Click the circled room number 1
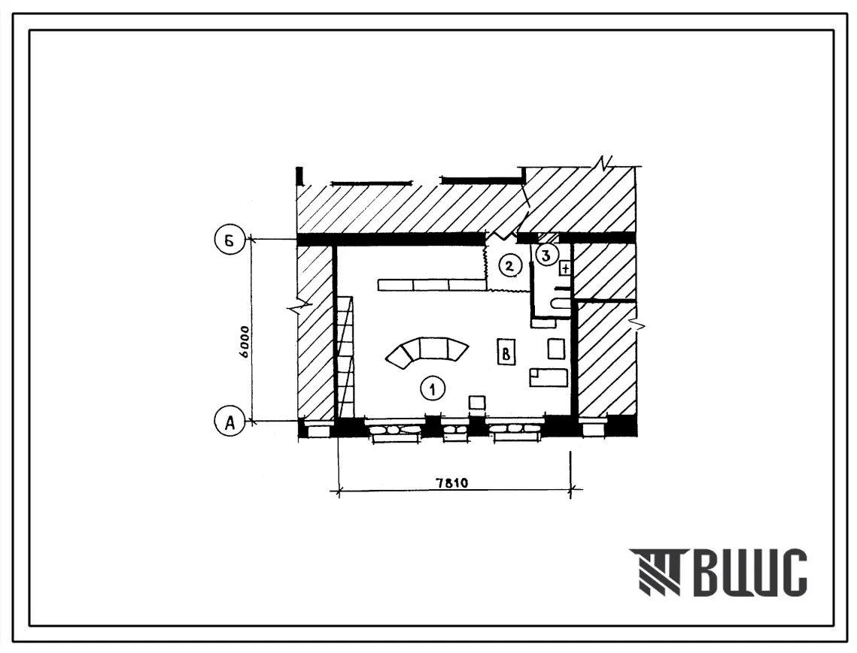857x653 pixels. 433,388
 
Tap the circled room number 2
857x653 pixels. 509,266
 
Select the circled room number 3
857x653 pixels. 546,254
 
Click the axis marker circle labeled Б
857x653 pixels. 229,240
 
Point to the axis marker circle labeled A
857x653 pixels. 229,422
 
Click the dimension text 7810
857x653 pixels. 452,482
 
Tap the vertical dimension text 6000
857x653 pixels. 244,342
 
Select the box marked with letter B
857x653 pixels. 506,352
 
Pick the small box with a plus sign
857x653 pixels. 565,268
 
